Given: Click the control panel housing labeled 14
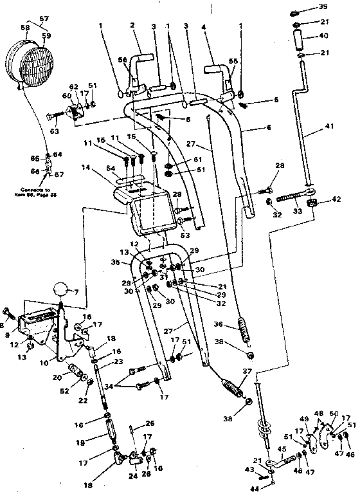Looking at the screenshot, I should tap(145, 209).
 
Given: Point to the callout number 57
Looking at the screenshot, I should tap(44, 18).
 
